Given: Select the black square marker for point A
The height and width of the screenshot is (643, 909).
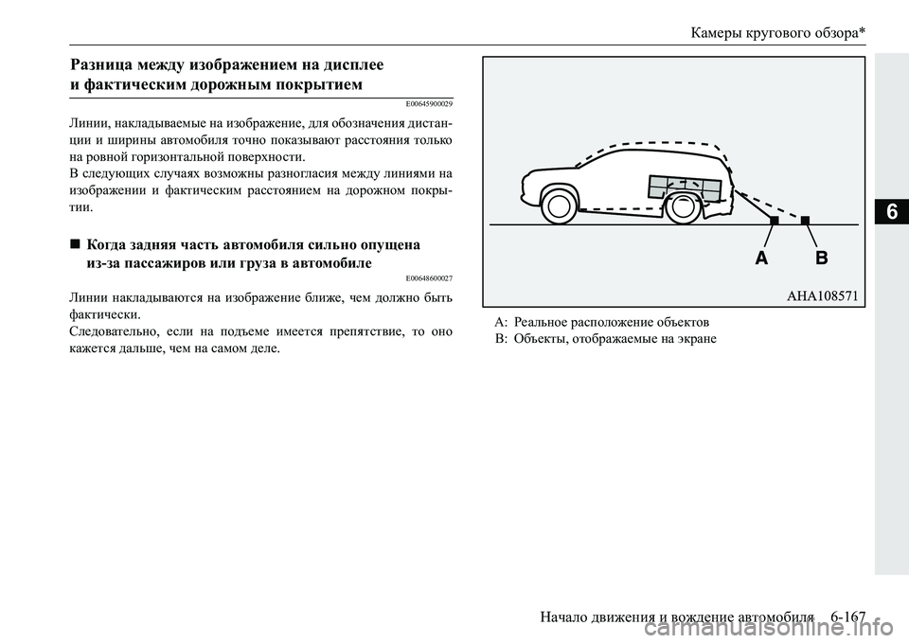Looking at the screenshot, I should (x=774, y=220).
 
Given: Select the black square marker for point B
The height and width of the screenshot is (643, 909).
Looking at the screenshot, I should (x=805, y=220).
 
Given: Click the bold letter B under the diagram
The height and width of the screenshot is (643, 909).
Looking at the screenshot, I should (x=820, y=258).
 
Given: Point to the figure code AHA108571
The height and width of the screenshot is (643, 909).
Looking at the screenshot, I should (x=822, y=295).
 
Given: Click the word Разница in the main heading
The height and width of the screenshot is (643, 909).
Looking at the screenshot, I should (x=107, y=66).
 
